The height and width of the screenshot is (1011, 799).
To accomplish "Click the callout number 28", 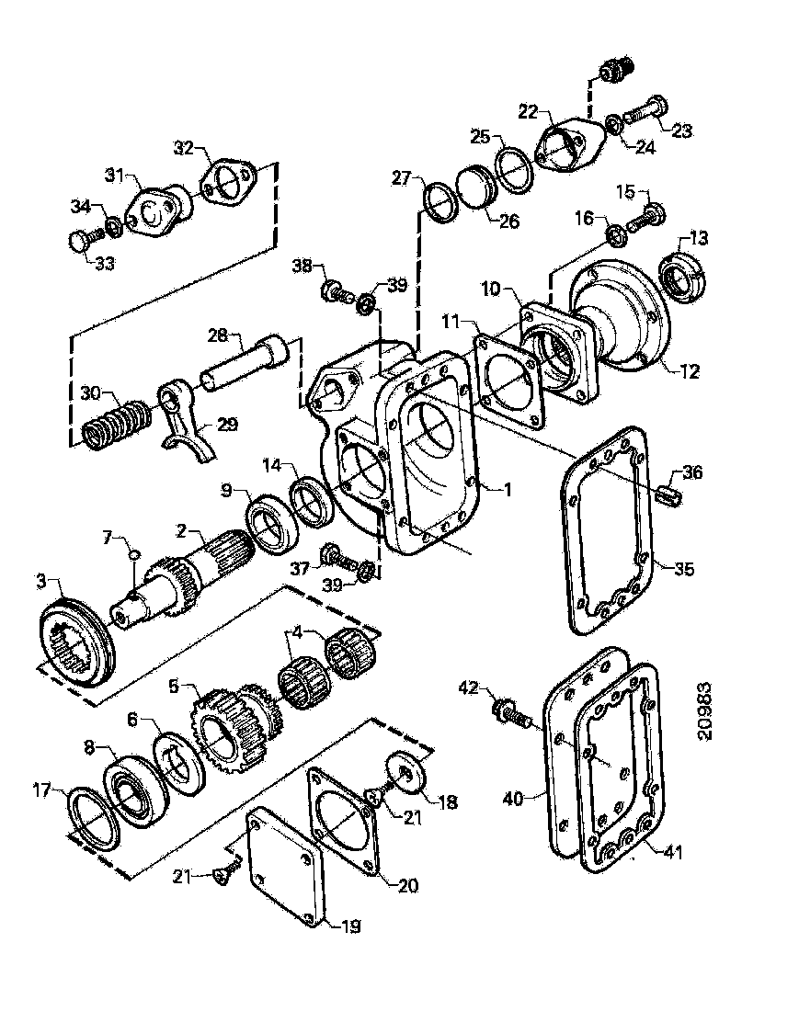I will pyautogui.click(x=218, y=337).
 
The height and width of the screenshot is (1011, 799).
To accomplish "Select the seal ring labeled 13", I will pyautogui.click(x=683, y=275).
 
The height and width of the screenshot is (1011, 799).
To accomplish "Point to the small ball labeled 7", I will pyautogui.click(x=134, y=554).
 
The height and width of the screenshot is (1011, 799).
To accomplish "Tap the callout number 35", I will pyautogui.click(x=682, y=570).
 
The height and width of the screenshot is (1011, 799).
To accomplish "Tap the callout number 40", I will pyautogui.click(x=513, y=800).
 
